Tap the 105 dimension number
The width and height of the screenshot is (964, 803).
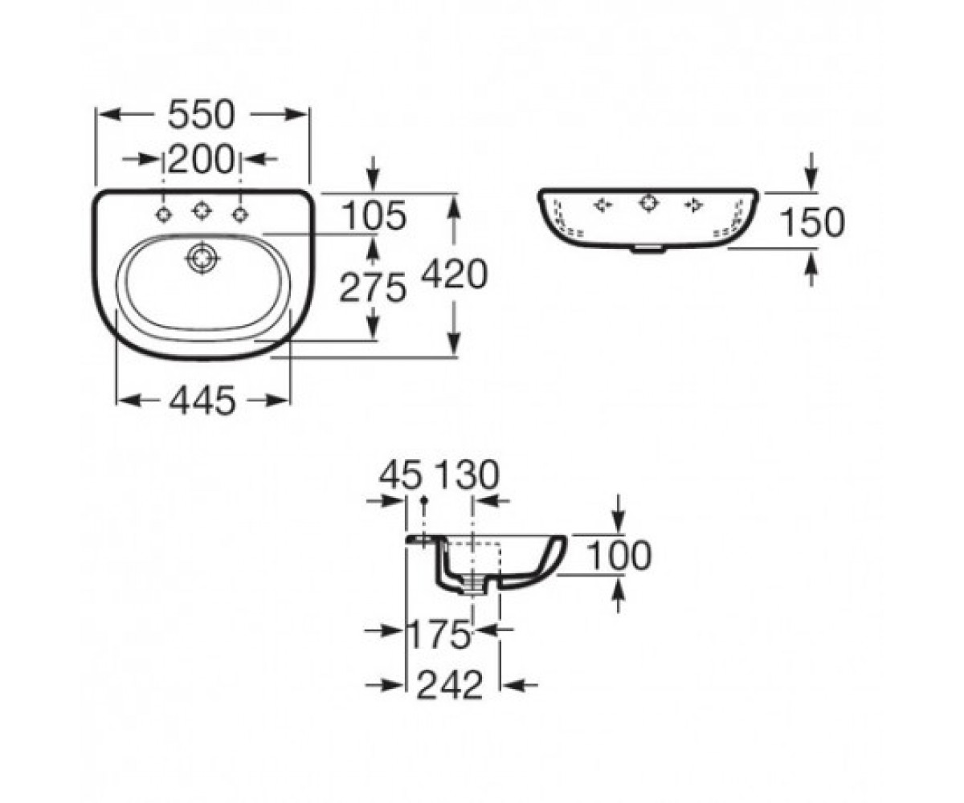coord(375,215)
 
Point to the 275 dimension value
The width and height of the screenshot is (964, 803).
coord(373,287)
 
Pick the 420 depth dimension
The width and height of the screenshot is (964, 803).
coord(455,275)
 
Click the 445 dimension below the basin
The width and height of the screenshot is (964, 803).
coord(202,400)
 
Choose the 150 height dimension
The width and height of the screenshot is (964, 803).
coord(812,222)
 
